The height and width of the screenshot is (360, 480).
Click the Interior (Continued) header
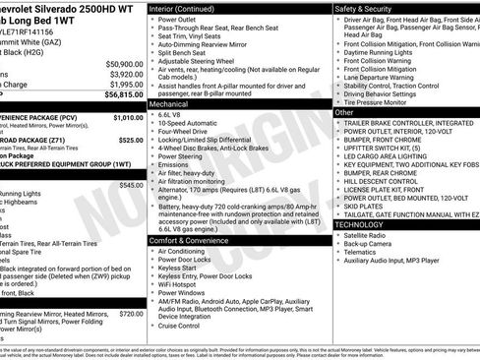tap(190, 8)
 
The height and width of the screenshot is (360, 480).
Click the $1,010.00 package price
tap(127, 117)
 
